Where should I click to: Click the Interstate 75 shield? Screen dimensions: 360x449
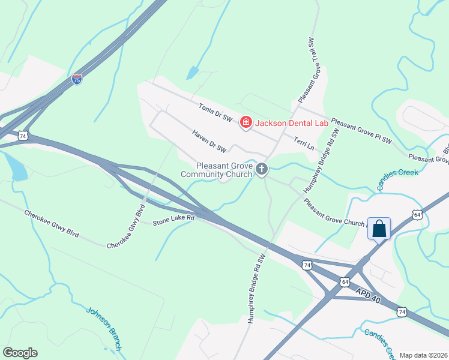click(x=76, y=79)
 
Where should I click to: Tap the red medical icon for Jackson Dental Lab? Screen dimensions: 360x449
click(x=245, y=123)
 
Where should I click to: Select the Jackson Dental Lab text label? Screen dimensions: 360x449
click(x=292, y=123)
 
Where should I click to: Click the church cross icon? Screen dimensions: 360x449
click(x=261, y=170)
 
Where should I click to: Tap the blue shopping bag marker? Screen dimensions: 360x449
click(x=379, y=229)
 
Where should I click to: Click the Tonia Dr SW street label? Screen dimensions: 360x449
click(x=215, y=112)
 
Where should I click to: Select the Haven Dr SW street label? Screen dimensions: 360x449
click(x=209, y=140)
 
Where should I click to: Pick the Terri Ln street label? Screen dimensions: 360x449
click(x=304, y=142)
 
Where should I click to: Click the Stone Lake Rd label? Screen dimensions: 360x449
click(x=174, y=220)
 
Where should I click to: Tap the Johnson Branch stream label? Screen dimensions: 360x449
click(x=104, y=329)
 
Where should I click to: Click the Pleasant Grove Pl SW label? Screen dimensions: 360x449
click(x=361, y=130)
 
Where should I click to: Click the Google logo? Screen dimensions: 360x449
click(x=20, y=353)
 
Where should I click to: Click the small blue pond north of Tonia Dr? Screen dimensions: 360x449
click(x=192, y=73)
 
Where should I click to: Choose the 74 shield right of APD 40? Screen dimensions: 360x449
click(x=402, y=311)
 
